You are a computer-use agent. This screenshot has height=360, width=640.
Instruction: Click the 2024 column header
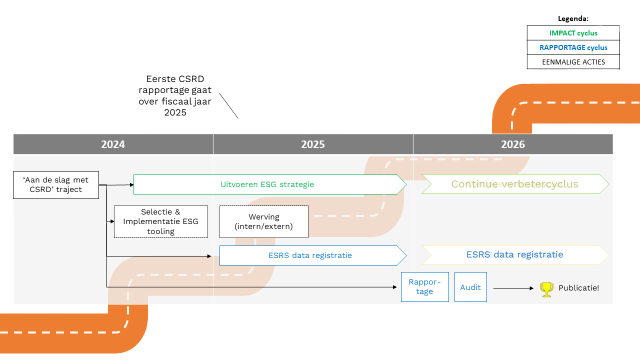point(113,144)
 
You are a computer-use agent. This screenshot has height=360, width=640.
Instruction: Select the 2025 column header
point(313,144)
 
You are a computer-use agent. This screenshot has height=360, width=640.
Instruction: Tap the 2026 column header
point(513,144)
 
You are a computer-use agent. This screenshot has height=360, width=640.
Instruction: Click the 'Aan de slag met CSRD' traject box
point(56,185)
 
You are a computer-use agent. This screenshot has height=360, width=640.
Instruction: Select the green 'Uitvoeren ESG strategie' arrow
point(268,184)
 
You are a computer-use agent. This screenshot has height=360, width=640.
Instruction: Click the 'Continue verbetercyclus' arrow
point(514,184)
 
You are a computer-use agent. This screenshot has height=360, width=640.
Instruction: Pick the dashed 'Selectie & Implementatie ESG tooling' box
point(161,221)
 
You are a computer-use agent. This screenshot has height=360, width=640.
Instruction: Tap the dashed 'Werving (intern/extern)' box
point(264,221)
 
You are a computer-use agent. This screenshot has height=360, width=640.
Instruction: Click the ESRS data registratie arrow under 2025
point(310,255)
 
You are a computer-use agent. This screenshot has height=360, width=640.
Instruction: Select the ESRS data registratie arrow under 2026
point(514,254)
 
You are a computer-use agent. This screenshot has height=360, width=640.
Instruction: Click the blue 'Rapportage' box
point(424,287)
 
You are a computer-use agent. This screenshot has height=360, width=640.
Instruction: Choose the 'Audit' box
point(470,287)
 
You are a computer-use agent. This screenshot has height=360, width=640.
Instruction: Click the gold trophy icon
point(546,289)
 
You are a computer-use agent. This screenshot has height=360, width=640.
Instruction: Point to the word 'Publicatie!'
point(578,288)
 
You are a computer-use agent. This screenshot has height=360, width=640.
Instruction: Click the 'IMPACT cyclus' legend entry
point(573,33)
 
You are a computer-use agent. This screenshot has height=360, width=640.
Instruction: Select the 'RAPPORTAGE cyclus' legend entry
point(573,47)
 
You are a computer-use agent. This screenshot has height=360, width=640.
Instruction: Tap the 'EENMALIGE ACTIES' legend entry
point(573,62)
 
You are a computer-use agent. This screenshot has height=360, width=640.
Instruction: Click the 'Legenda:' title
point(573,18)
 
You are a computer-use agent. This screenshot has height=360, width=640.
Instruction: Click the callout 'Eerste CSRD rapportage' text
point(175,96)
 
